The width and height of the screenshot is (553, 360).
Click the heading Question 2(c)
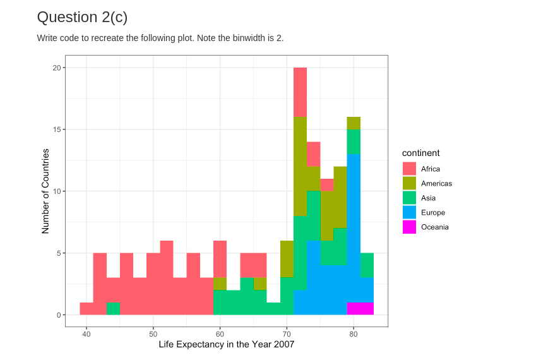click(82, 18)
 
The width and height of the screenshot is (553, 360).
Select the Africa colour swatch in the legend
click(410, 169)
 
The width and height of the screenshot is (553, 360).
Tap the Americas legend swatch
click(410, 183)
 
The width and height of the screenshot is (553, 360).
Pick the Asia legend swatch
click(410, 198)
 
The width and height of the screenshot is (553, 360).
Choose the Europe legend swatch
click(410, 212)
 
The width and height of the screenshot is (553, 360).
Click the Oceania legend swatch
click(410, 227)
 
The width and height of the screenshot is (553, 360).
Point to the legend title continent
click(420, 153)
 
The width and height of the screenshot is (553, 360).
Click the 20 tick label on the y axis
click(56, 68)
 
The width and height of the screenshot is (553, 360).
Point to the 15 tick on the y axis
click(56, 129)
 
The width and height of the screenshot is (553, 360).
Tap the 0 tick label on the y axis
click(58, 315)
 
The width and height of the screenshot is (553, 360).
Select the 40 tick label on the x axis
click(86, 333)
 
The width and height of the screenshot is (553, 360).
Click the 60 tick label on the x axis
click(220, 333)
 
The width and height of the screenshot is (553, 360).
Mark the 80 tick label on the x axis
click(354, 333)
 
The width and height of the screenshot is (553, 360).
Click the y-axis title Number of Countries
click(45, 191)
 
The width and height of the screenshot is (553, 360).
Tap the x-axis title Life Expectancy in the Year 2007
click(226, 345)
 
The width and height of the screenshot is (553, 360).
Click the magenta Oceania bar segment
click(360, 308)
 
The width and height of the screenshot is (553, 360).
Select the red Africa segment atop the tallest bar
click(300, 92)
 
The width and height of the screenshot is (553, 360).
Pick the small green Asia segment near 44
click(113, 308)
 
